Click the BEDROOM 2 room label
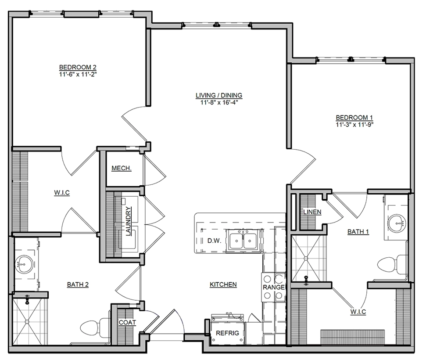click(78, 67)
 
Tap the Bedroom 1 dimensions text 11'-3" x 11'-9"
click(354, 125)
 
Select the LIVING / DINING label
click(219, 95)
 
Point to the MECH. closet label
click(122, 168)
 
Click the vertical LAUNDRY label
click(128, 221)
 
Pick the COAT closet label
click(127, 323)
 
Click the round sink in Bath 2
click(25, 264)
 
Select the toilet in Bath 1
click(392, 264)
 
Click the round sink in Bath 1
click(397, 223)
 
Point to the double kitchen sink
click(243, 240)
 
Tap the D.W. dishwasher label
click(215, 241)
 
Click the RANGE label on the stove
click(274, 287)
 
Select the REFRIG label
click(227, 333)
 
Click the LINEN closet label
click(312, 212)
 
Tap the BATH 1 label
click(358, 232)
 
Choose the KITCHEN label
click(223, 284)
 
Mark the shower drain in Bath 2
click(27, 321)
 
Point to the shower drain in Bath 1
click(306, 258)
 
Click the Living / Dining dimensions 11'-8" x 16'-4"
click(219, 102)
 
